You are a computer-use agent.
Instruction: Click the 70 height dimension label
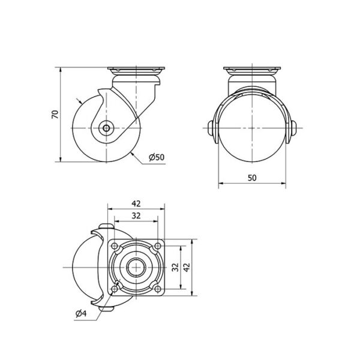point(55,115)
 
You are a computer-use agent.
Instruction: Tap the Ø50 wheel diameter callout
point(157,157)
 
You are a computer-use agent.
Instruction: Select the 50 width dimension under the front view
point(252,178)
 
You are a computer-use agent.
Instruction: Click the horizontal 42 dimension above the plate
point(136,203)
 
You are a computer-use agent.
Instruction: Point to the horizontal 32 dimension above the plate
point(136,215)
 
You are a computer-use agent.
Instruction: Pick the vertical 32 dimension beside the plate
point(175,267)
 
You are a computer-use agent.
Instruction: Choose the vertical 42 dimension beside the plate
point(187,267)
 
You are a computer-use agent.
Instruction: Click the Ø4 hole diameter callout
point(81,313)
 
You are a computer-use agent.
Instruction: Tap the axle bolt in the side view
point(106,128)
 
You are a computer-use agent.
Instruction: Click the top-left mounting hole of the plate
point(114,246)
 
